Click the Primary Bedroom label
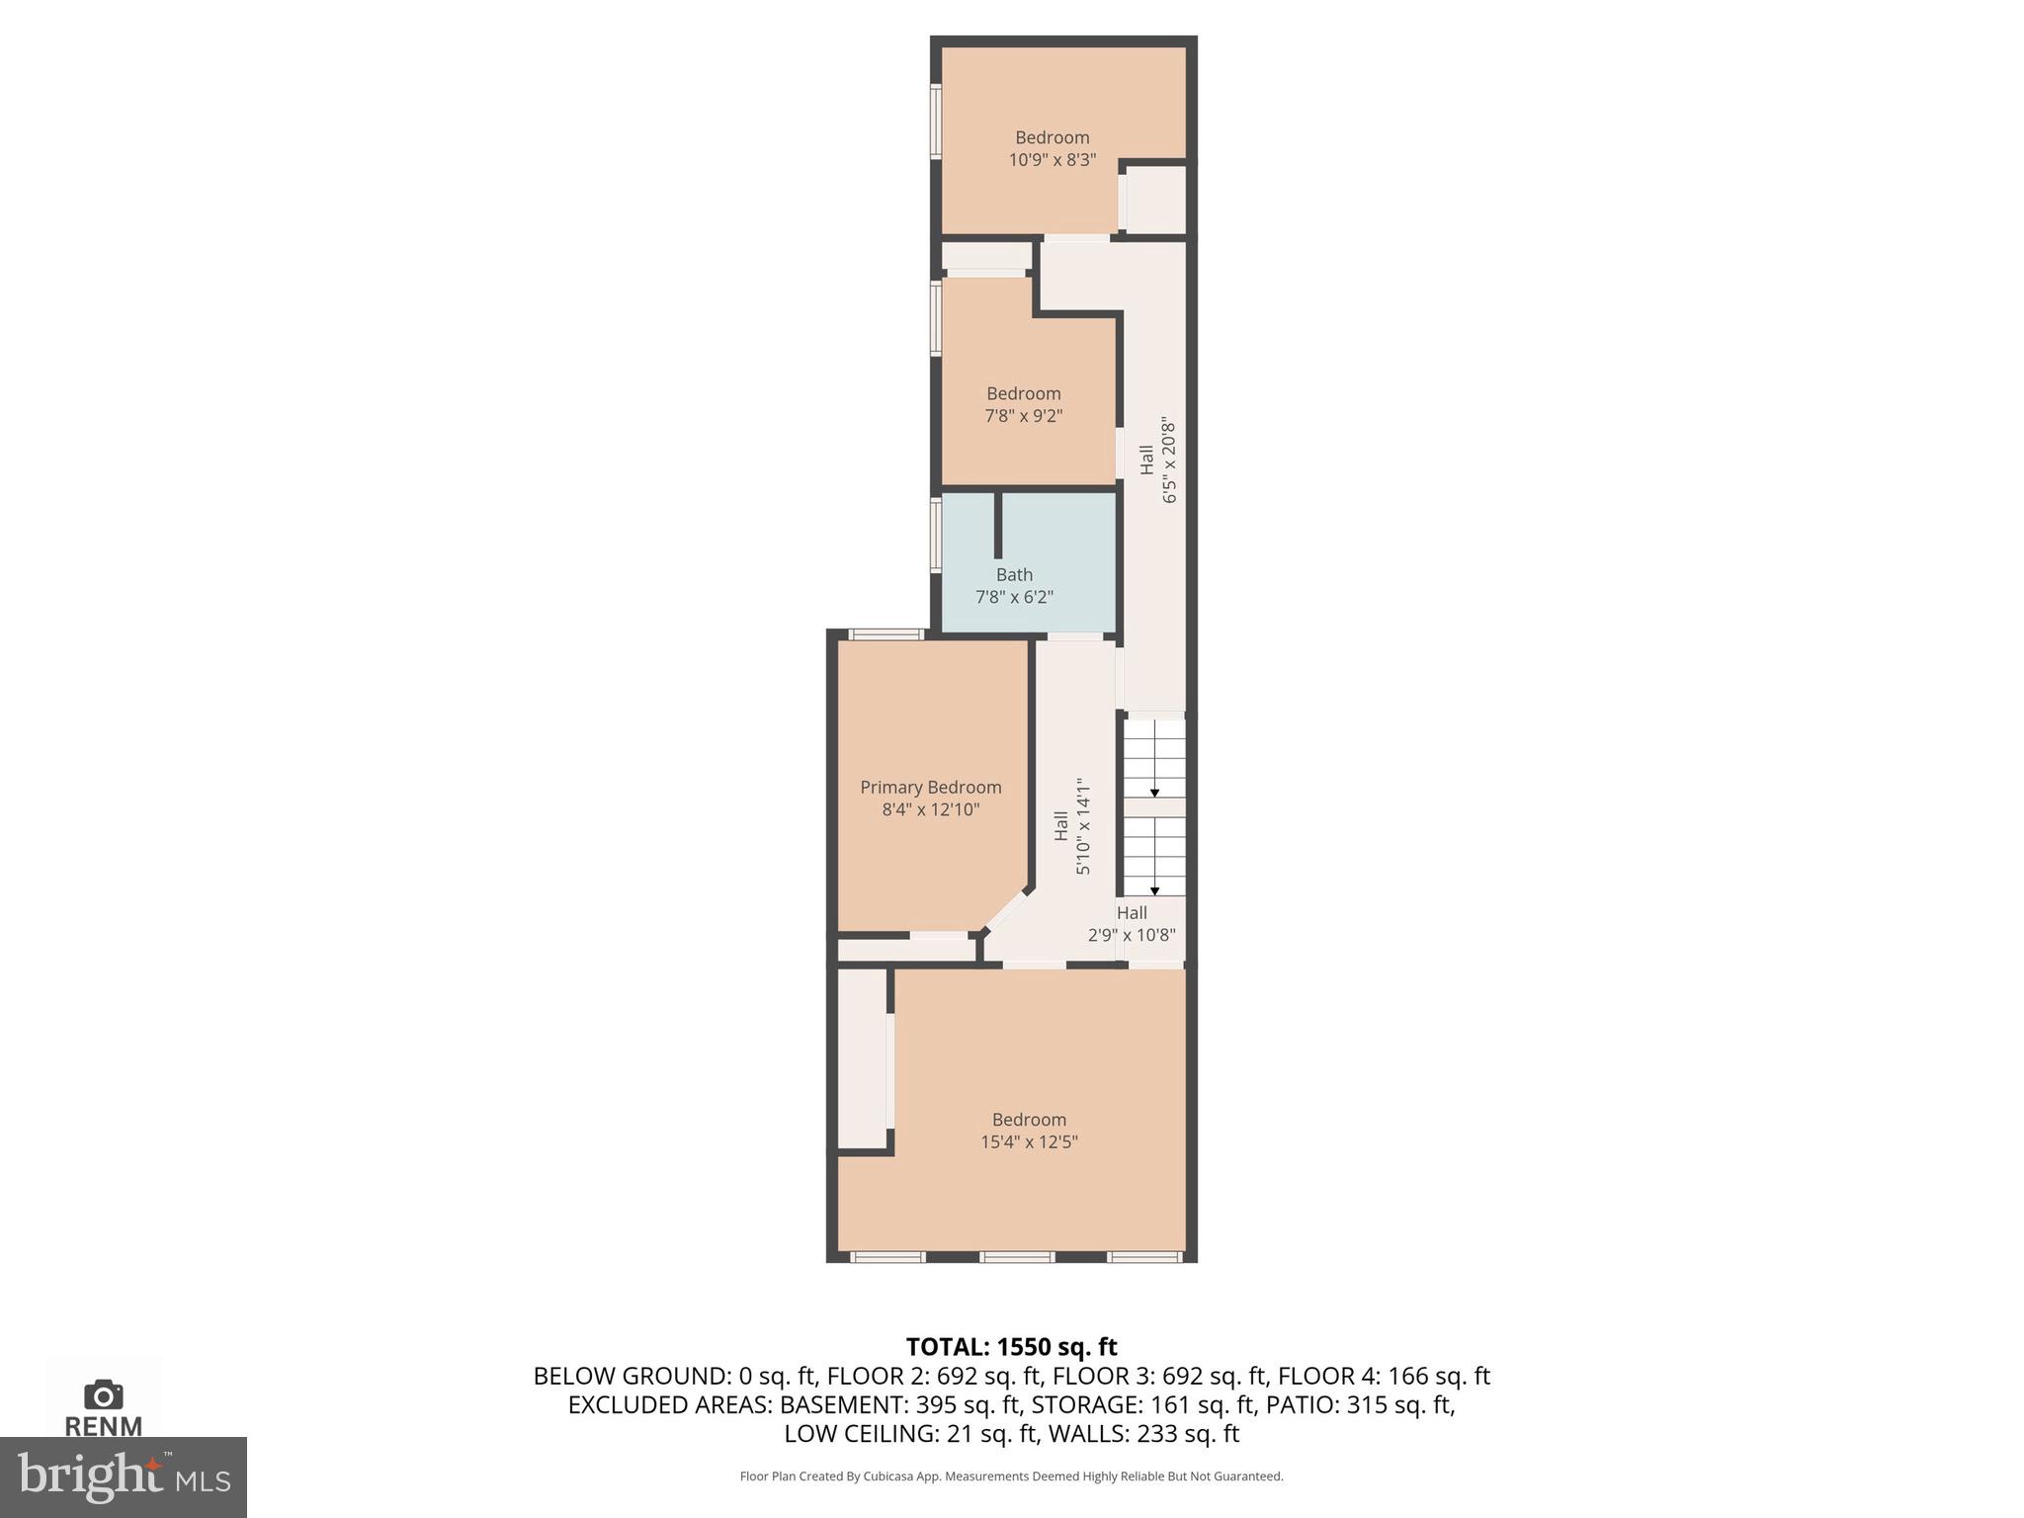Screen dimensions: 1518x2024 (x=930, y=787)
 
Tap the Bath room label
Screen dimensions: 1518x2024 (x=1014, y=574)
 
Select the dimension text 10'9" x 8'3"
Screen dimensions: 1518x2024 (x=1052, y=160)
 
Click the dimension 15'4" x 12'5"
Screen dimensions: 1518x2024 (x=1029, y=1142)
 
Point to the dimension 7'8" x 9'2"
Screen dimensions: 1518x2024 (x=1023, y=416)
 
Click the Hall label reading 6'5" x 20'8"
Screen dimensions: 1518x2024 (x=1146, y=460)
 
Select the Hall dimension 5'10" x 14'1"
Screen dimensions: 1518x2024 (x=1083, y=825)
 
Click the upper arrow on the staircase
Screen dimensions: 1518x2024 (x=1154, y=793)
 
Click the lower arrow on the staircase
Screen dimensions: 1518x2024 (x=1154, y=890)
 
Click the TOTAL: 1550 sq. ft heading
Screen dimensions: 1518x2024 (x=1011, y=1347)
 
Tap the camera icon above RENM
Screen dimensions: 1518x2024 (x=103, y=1394)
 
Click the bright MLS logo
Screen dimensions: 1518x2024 (x=123, y=1476)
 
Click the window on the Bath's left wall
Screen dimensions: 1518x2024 (x=936, y=536)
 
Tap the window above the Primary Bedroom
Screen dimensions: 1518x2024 (x=886, y=634)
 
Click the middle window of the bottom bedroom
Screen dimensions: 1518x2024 (x=1016, y=1257)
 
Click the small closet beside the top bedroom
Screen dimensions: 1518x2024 (x=1155, y=201)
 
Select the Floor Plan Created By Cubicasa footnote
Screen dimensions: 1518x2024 (x=1011, y=1476)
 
